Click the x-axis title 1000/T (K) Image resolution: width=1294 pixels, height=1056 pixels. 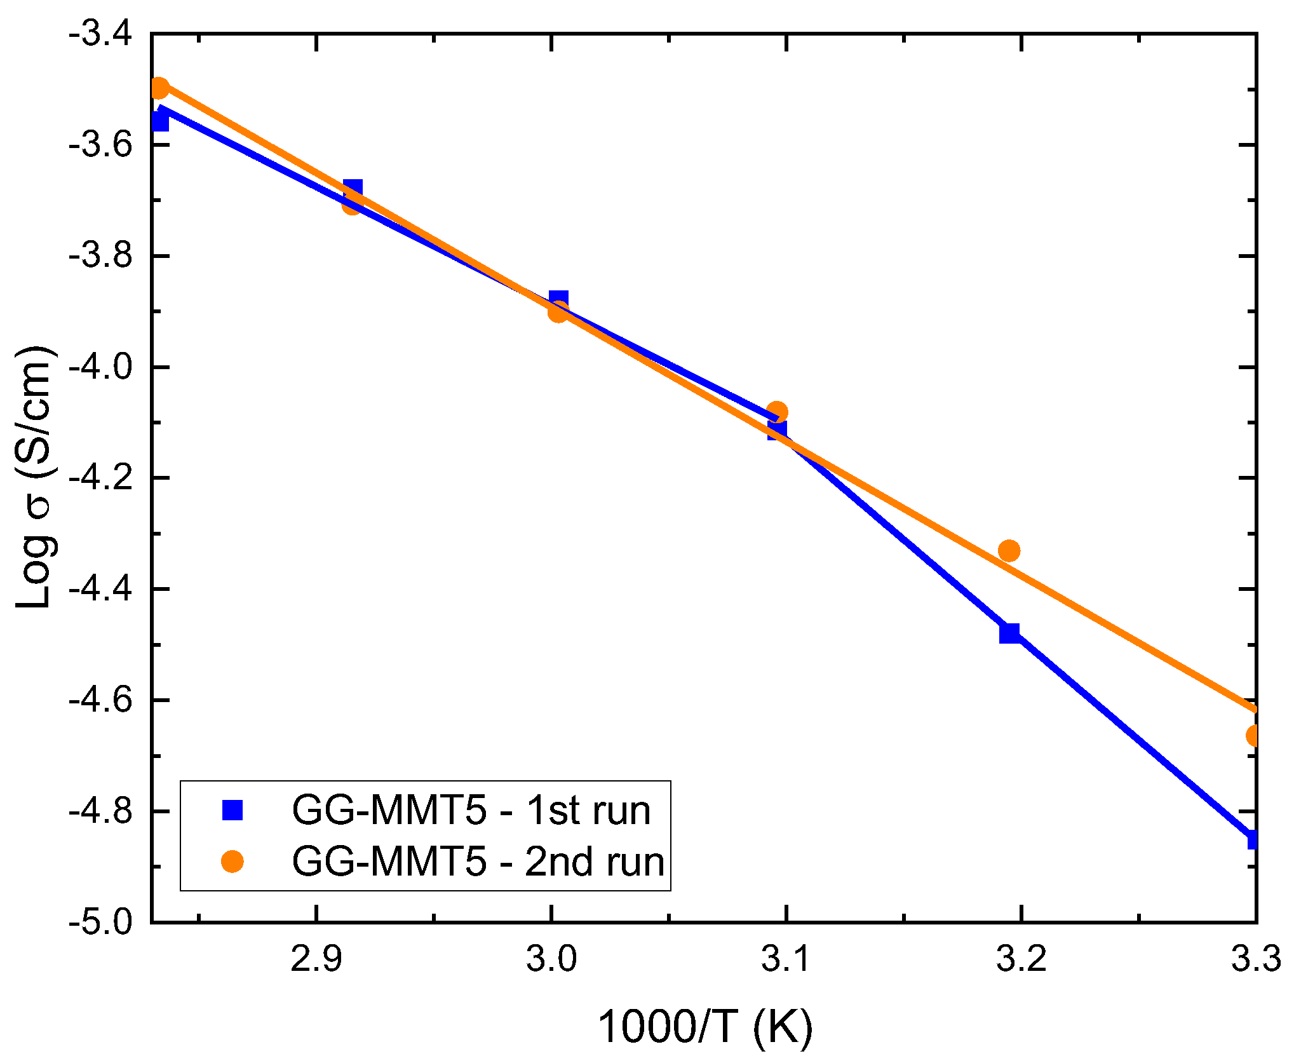(x=705, y=1026)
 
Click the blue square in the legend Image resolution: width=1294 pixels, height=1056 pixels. (x=233, y=810)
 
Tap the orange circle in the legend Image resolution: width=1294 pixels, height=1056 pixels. (x=233, y=862)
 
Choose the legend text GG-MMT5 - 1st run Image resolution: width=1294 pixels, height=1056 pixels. (x=471, y=810)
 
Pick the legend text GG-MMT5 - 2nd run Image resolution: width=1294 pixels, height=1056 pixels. (x=478, y=862)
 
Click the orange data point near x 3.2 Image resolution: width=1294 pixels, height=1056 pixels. (x=1009, y=550)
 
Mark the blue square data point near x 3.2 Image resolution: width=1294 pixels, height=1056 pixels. (x=1009, y=633)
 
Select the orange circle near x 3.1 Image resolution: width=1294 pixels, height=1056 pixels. (x=777, y=412)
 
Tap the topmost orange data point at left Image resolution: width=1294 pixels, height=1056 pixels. (x=159, y=88)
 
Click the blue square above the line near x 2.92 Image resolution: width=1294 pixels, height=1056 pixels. (x=353, y=189)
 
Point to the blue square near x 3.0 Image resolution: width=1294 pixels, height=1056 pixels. (x=558, y=300)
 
